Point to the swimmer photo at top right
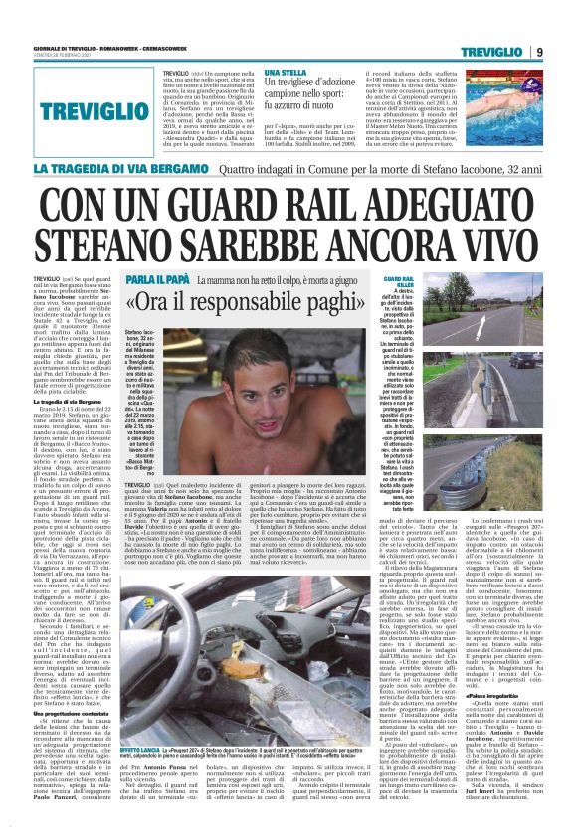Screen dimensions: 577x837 (469, 113)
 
